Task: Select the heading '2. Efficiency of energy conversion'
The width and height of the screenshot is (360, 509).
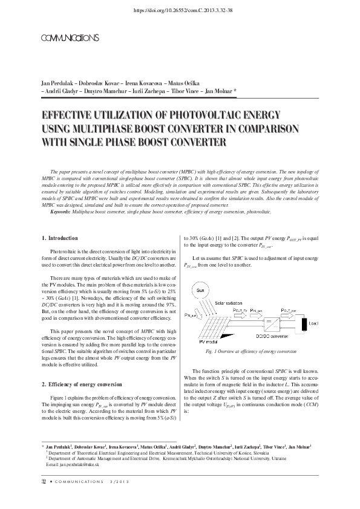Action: coord(82,383)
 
